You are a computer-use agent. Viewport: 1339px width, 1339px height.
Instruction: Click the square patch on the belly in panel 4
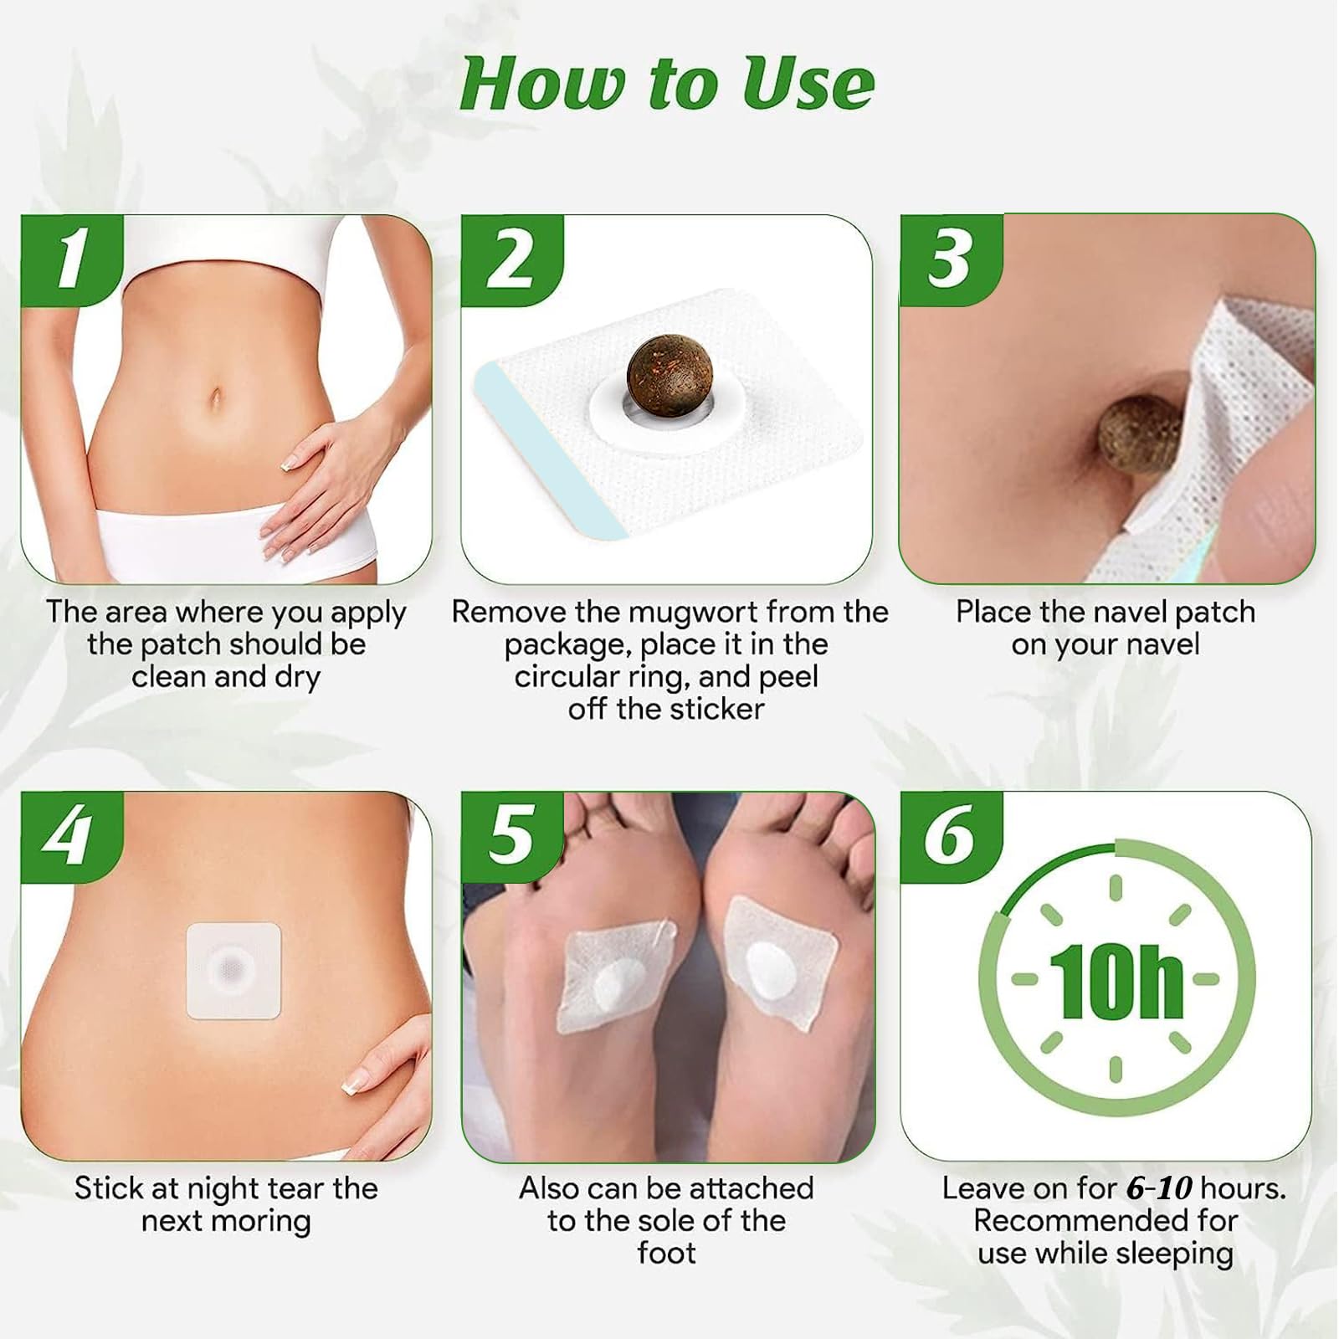click(x=233, y=971)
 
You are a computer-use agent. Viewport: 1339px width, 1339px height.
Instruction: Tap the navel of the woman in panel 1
click(x=216, y=397)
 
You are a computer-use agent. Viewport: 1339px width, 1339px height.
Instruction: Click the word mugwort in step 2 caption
click(x=694, y=613)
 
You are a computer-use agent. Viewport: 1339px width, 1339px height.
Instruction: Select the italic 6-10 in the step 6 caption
click(x=1158, y=1189)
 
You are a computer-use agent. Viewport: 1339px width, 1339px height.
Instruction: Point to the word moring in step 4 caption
click(x=263, y=1222)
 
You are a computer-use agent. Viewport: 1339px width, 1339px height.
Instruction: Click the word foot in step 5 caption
click(x=666, y=1254)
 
